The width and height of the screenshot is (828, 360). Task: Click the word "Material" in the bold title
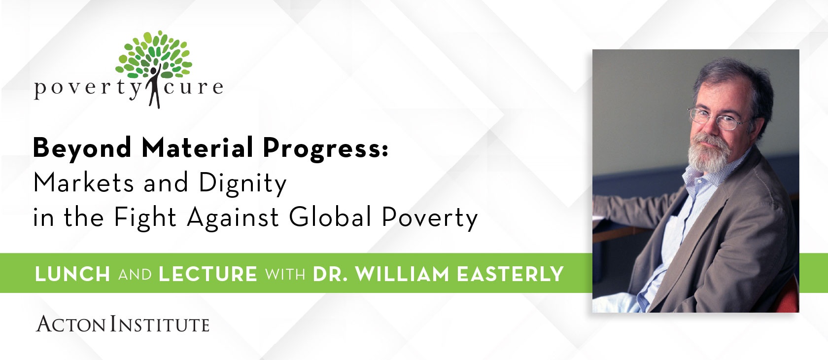(x=197, y=147)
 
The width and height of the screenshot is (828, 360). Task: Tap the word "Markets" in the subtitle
(x=84, y=182)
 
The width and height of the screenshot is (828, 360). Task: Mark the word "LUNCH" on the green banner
(x=72, y=274)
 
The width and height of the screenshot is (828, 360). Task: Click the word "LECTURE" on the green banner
(x=208, y=274)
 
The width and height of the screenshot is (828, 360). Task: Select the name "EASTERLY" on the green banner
(x=511, y=274)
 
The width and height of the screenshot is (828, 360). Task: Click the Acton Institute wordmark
(x=123, y=324)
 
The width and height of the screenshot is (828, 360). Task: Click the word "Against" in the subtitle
(x=233, y=218)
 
